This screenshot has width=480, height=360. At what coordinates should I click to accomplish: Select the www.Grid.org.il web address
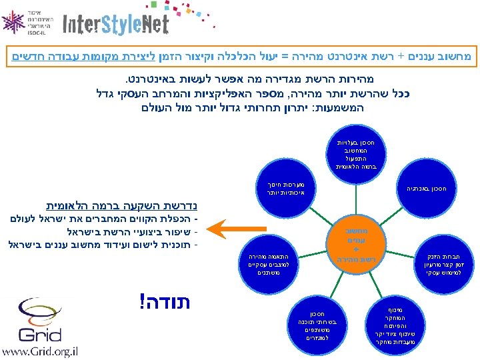click(x=39, y=351)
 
